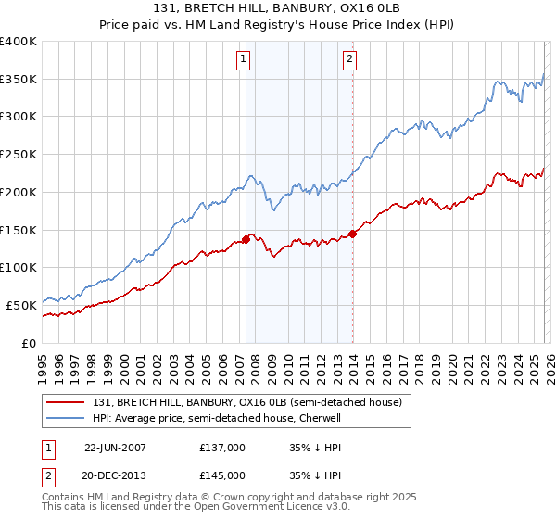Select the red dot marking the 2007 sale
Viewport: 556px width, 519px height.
point(246,239)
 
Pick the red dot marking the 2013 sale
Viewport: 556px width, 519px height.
point(353,234)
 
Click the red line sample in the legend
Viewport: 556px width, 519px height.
point(65,403)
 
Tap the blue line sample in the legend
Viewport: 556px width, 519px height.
point(65,419)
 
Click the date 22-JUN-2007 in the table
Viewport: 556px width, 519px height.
point(115,447)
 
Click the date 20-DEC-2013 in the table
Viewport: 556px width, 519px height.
point(115,475)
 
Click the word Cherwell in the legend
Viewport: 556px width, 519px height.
point(319,419)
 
